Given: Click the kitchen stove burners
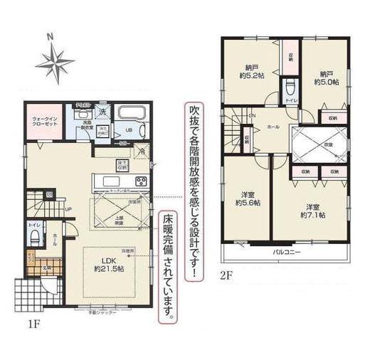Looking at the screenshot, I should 142,181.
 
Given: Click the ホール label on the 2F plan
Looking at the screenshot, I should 273,125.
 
